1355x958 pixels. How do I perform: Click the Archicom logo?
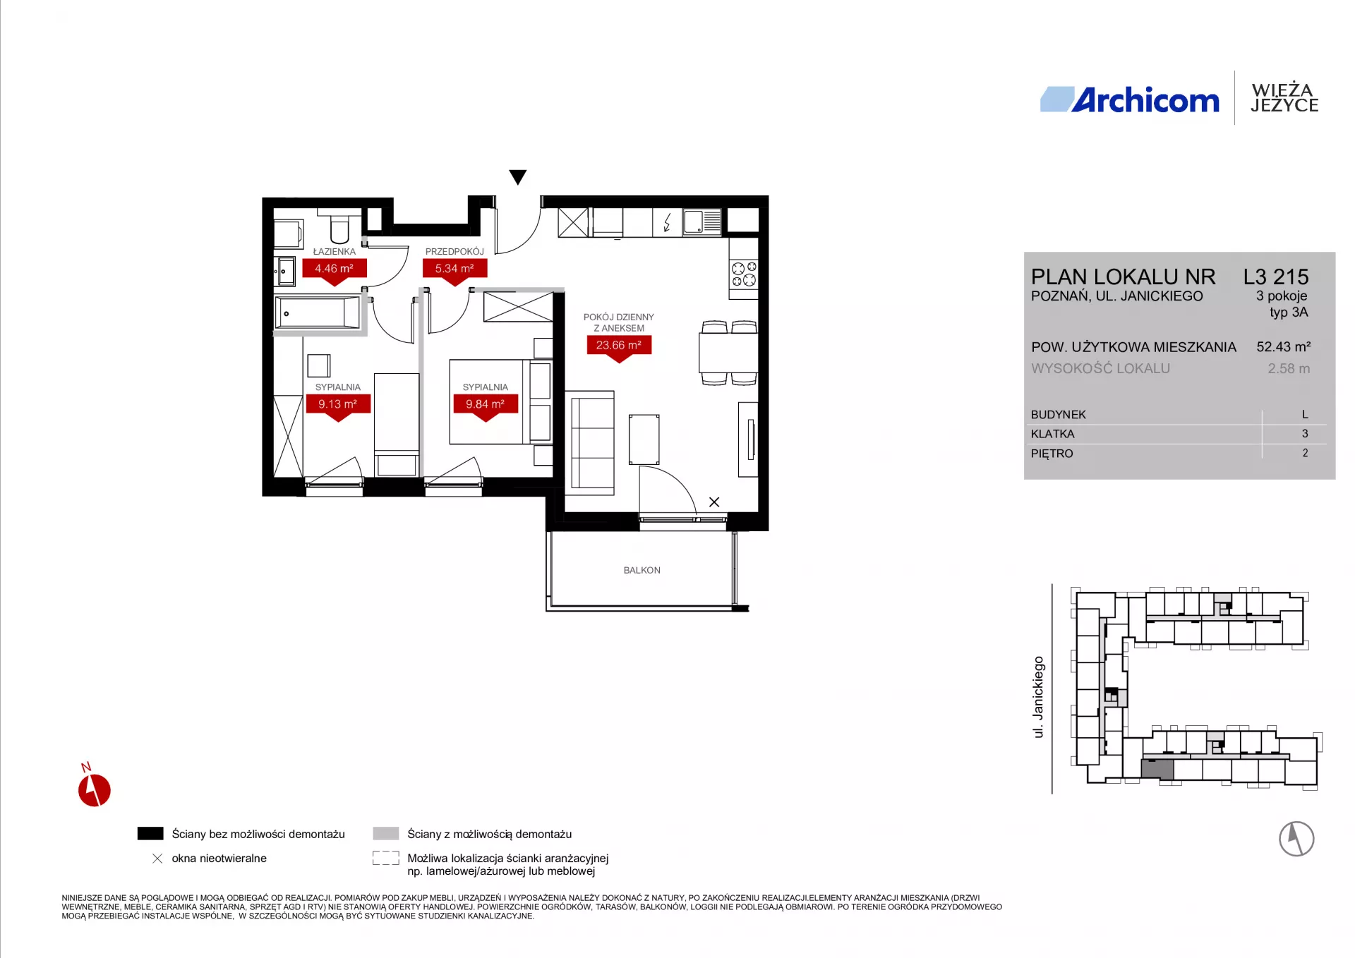click(x=1129, y=99)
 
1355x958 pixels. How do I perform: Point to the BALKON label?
click(x=642, y=570)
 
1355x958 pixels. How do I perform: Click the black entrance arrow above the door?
click(x=518, y=177)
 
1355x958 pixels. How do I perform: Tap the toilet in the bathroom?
click(x=339, y=225)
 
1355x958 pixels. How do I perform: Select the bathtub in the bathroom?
click(x=318, y=311)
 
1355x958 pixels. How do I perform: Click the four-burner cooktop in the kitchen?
click(x=744, y=274)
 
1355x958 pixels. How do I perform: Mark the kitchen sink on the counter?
click(x=702, y=222)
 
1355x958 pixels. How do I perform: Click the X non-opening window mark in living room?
click(x=714, y=502)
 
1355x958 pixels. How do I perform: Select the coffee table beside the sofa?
click(x=644, y=439)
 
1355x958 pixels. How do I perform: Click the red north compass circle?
click(x=95, y=790)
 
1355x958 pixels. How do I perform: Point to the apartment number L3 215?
click(x=1276, y=277)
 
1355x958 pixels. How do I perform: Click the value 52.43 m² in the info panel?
click(x=1284, y=346)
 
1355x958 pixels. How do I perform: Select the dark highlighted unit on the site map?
click(x=1157, y=769)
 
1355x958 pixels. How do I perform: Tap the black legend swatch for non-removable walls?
click(x=150, y=834)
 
